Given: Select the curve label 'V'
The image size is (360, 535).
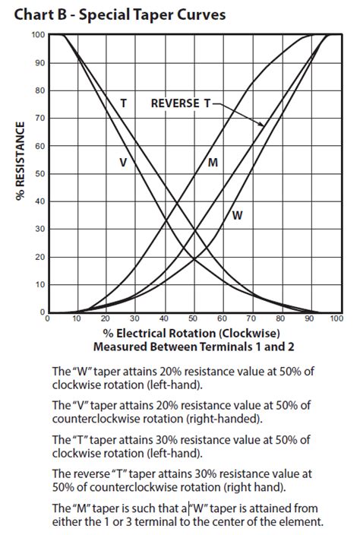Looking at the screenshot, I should pos(122,161).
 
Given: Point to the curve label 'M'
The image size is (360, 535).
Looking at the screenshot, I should pos(213,163).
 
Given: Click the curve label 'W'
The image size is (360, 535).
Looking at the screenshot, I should pos(237,215).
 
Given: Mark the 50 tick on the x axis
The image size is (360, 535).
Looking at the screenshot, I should pos(193,320).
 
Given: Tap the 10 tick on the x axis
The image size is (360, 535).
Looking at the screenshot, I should pos(77,320).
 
